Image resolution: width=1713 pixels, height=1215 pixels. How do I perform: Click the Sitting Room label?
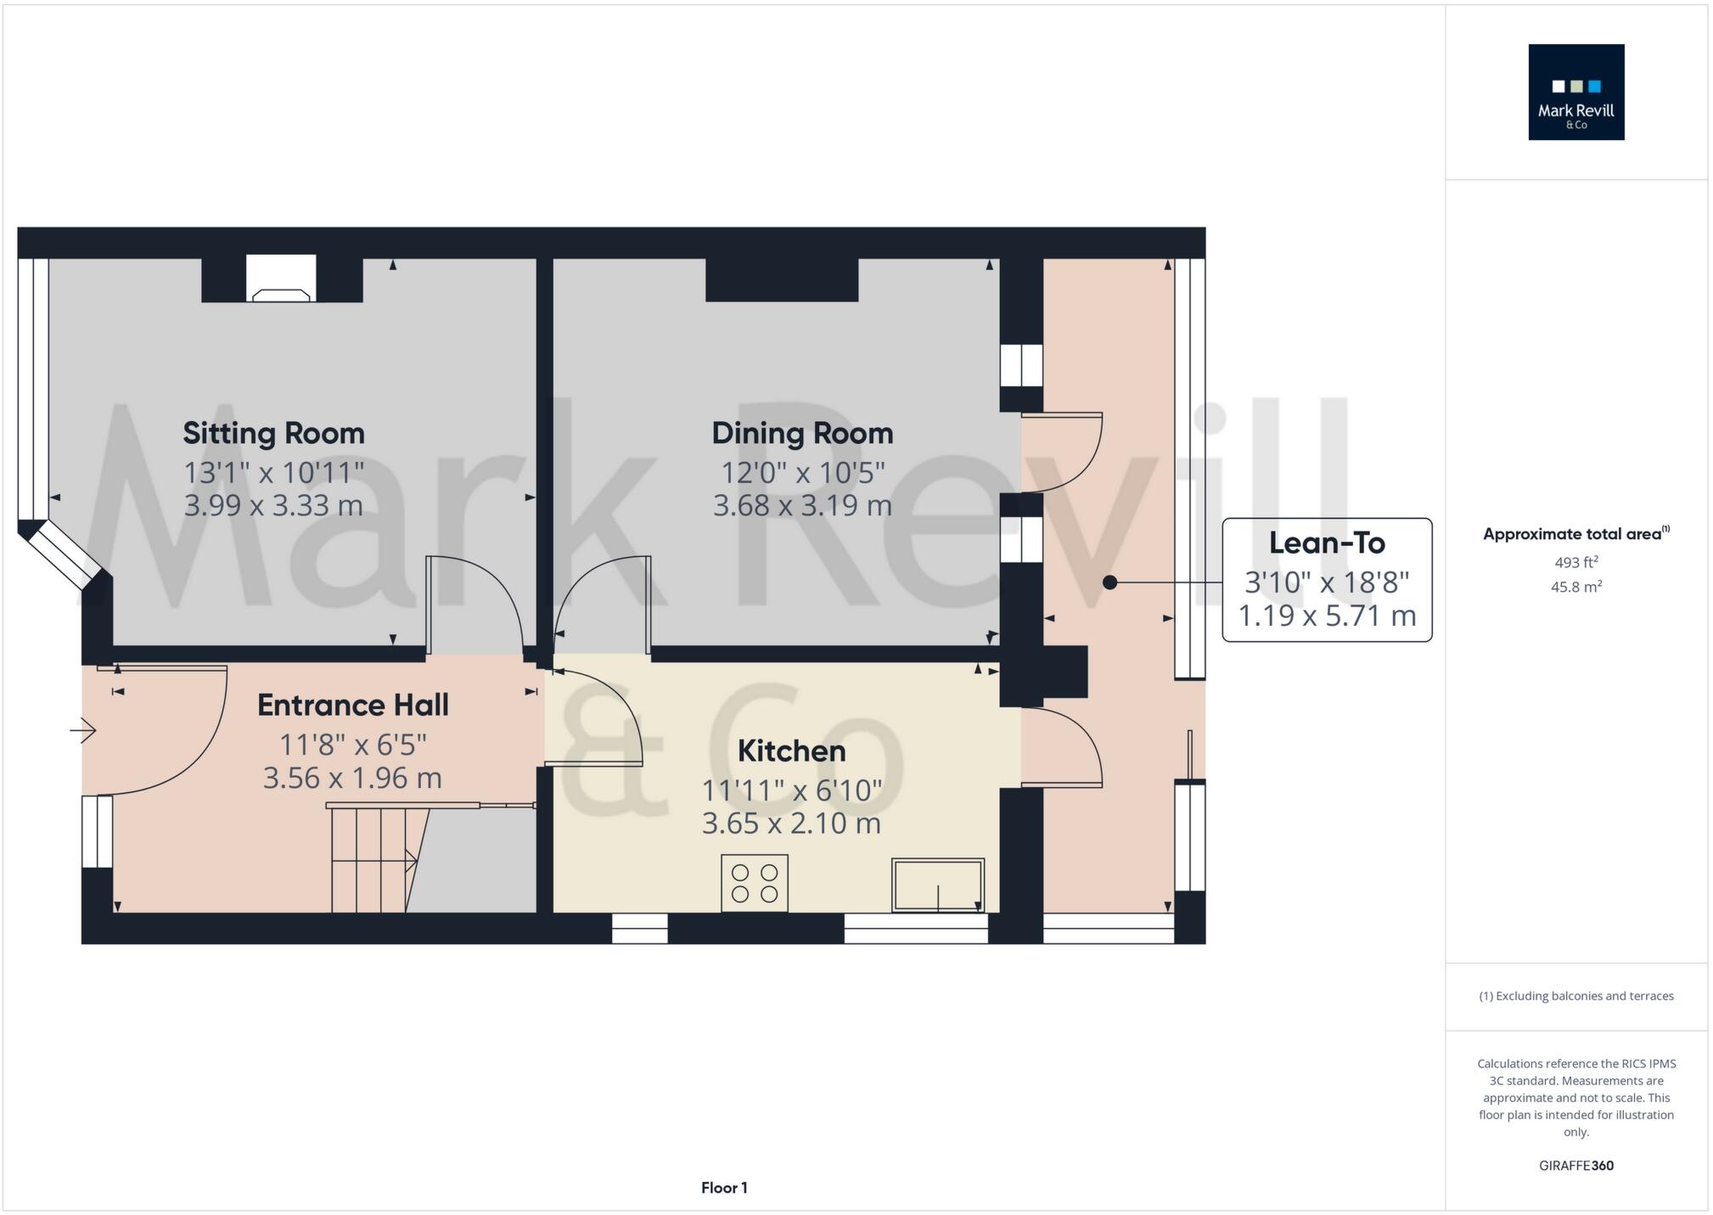click(x=273, y=433)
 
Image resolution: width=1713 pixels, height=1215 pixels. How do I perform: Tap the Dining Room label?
click(x=802, y=433)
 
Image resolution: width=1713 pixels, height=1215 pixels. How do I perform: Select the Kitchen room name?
click(x=791, y=751)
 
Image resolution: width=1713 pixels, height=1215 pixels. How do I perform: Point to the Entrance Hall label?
click(x=352, y=705)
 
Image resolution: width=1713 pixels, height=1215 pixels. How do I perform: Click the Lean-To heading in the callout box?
click(x=1327, y=543)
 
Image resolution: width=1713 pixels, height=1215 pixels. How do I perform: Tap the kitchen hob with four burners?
click(x=755, y=883)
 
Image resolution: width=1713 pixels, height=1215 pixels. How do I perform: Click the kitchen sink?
click(x=938, y=885)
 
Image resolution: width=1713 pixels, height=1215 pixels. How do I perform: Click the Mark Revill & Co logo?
click(x=1576, y=92)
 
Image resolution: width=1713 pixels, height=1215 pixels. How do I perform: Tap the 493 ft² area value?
click(x=1575, y=562)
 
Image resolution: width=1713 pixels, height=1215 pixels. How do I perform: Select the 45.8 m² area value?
click(x=1575, y=587)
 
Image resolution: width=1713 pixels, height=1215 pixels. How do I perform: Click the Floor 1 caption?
click(x=724, y=1188)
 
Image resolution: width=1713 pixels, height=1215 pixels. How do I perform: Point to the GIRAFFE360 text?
click(x=1576, y=1166)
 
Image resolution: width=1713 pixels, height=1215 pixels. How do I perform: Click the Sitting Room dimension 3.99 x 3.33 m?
click(x=273, y=505)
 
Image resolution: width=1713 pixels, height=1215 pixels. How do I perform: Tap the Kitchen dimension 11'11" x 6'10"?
click(x=791, y=790)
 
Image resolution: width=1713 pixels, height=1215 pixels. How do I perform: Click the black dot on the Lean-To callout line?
click(x=1109, y=582)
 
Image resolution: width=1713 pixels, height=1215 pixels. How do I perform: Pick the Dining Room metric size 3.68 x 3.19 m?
click(x=802, y=505)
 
